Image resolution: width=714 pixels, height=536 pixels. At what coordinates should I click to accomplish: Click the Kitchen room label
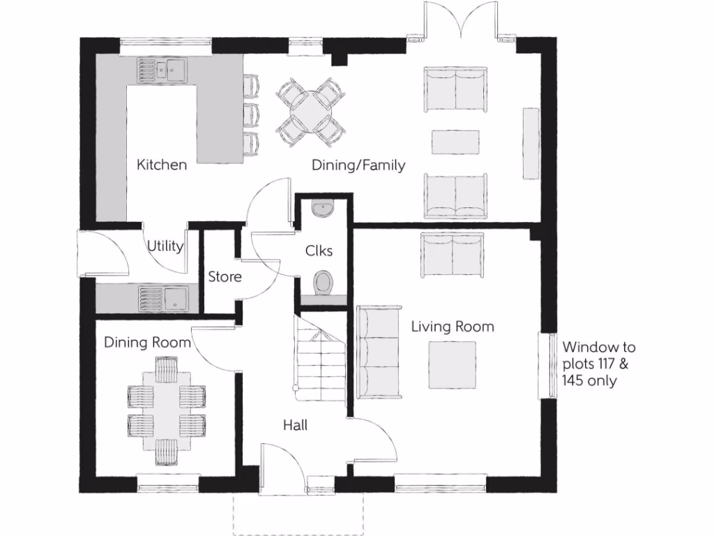coord(162,165)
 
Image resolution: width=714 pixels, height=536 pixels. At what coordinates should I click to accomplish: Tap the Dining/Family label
coord(358,165)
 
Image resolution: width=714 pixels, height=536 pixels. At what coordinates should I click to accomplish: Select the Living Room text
coord(453,326)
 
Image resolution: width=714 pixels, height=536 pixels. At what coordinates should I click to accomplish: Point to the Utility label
coord(165,246)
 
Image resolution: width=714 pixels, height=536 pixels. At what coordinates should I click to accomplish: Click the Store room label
coord(225,277)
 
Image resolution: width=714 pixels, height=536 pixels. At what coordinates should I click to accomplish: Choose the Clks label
coord(319,251)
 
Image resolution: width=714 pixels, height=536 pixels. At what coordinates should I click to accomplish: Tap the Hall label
coord(295,424)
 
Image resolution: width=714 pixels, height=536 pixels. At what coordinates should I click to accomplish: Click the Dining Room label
coord(147,343)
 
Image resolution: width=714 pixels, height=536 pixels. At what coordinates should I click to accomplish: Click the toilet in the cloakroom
coord(323,283)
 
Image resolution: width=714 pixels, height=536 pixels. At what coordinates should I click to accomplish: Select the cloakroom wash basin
coord(323,208)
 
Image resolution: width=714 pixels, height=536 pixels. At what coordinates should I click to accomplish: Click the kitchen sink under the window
coord(162,69)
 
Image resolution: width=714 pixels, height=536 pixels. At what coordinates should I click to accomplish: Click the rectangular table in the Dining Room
coord(166,409)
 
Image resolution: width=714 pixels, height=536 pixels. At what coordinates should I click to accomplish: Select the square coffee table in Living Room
coord(453,364)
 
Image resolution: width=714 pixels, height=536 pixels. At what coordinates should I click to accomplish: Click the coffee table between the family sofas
coord(456,142)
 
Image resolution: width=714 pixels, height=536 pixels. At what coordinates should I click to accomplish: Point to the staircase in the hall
coord(319,359)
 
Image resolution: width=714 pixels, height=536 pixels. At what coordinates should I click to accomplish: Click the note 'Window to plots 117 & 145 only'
coord(599,364)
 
